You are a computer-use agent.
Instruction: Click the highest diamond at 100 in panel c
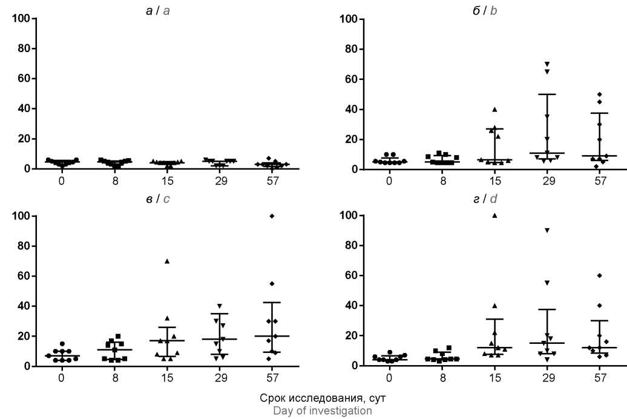[x=272, y=216]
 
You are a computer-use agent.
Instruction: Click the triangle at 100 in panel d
[x=494, y=215]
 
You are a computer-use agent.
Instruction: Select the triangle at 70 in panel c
[x=167, y=261]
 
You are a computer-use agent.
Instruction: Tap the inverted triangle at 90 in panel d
[x=547, y=230]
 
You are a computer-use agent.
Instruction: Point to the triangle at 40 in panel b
[x=494, y=109]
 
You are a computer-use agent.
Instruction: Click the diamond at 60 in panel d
[x=600, y=275]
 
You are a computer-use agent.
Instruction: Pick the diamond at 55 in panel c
[x=272, y=283]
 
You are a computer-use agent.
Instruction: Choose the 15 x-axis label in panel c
[x=167, y=378]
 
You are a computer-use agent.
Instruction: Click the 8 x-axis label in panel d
[x=442, y=378]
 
